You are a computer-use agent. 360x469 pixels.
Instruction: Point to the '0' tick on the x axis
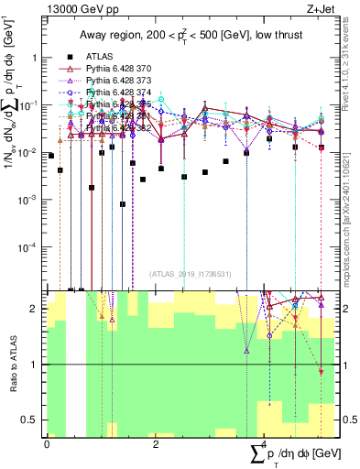coord(47,445)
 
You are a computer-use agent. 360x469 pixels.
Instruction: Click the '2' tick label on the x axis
coord(155,445)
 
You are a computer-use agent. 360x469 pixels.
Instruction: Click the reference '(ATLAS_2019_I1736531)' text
coord(191,274)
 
